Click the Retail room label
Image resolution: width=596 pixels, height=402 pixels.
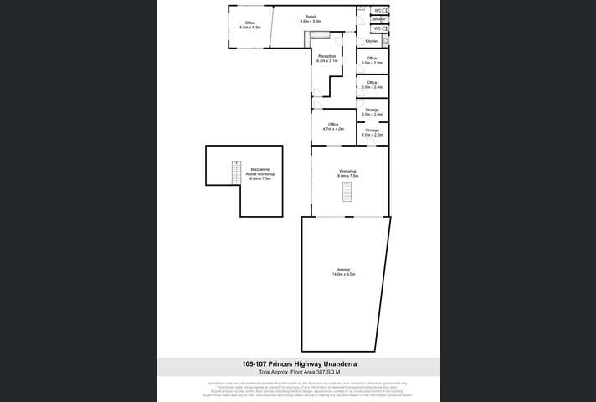click(311, 17)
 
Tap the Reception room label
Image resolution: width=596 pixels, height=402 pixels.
click(326, 56)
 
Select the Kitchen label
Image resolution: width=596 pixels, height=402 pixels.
click(372, 41)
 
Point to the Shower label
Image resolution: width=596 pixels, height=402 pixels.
click(378, 18)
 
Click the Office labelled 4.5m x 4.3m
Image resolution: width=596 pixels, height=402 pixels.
click(249, 23)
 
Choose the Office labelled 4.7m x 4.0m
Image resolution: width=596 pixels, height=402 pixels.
click(332, 125)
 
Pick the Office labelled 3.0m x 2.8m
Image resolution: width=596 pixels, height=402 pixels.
click(372, 59)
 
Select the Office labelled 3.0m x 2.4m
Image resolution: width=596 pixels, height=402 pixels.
click(372, 84)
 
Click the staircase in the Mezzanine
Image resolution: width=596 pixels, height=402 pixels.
click(236, 172)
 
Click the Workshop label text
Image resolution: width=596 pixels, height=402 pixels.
click(347, 171)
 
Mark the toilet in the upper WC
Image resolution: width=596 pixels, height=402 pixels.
click(384, 10)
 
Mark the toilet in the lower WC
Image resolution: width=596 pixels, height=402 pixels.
click(384, 28)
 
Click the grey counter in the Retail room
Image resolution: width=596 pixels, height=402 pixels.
click(318, 35)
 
